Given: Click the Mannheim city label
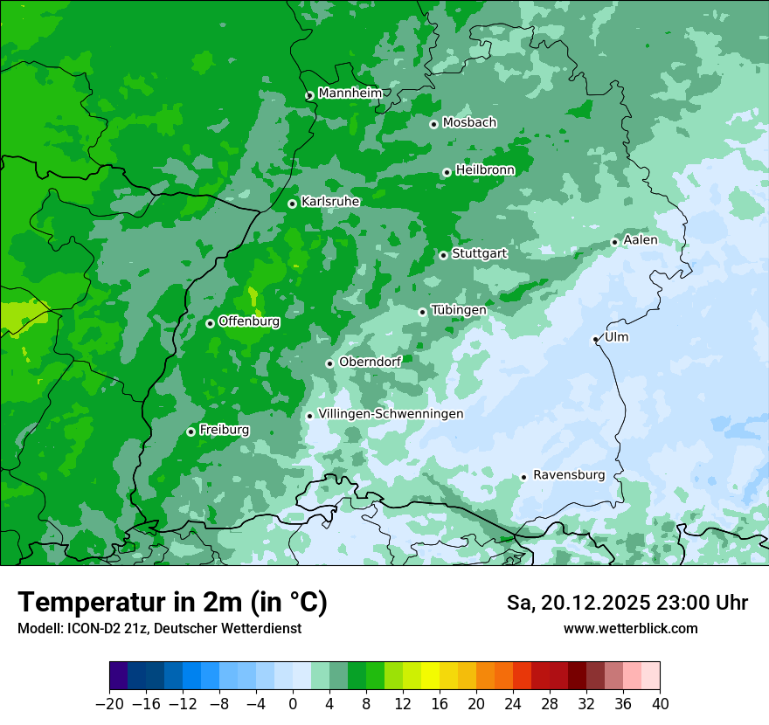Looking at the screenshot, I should coord(350,93).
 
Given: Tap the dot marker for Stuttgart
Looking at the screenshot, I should coord(443,255).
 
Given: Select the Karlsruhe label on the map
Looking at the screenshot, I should coord(330,202).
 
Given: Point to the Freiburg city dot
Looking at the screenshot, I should coord(191,432).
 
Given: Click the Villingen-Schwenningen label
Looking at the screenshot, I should coord(391,414).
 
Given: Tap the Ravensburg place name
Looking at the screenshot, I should coord(568,475).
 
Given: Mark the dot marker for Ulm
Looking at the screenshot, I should coord(595,339).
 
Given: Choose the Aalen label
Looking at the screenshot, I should coord(641,240).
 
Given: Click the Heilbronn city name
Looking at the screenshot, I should coord(485,170).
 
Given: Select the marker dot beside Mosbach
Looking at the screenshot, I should coord(433,124).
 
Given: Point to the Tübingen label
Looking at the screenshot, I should coord(459,310).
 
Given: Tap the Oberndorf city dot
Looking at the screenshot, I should coord(329,363).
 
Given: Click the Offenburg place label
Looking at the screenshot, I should coord(249,321).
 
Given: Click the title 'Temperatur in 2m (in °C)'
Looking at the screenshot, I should coord(172,603).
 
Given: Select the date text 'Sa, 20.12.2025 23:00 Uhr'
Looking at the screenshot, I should coord(627,603).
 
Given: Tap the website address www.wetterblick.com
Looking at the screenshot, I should coord(630,628).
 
